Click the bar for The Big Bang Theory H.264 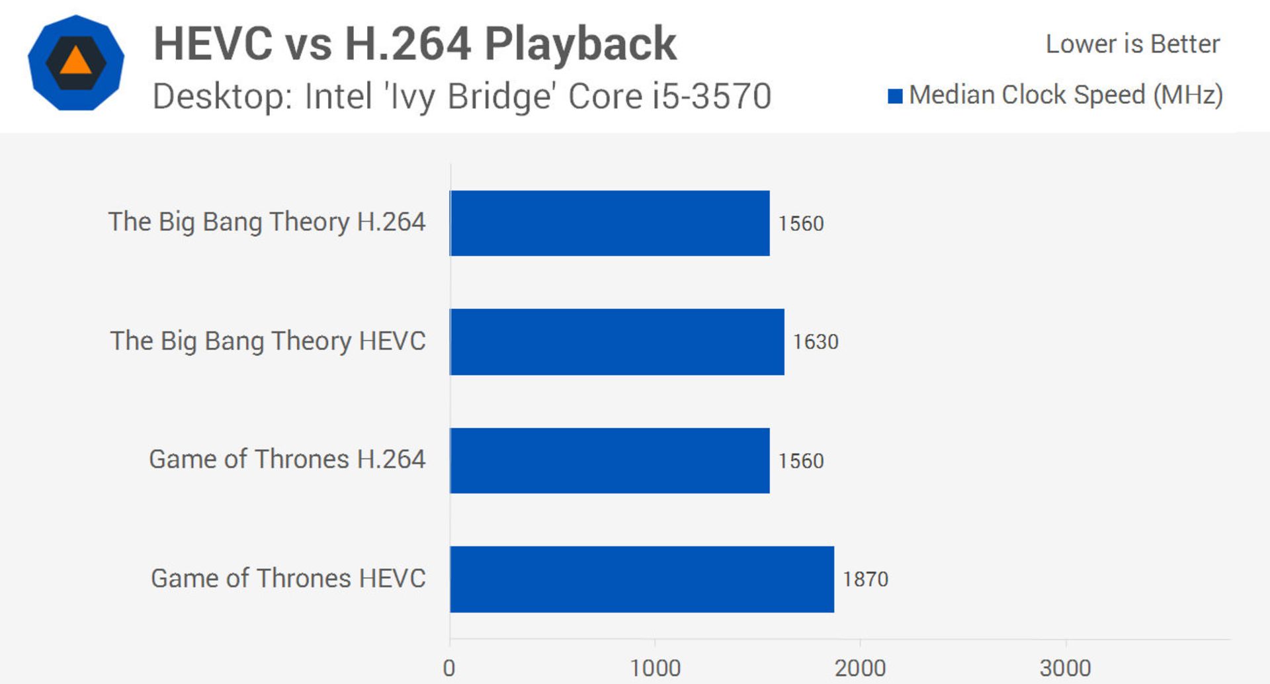[x=609, y=223]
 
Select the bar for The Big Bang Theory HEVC [x=616, y=341]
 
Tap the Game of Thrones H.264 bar [x=609, y=460]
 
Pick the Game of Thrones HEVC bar [x=642, y=579]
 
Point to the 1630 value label [x=816, y=342]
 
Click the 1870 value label [x=865, y=579]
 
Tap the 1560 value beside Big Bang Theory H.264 [x=801, y=224]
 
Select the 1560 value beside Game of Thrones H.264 [x=801, y=461]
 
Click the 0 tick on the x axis [x=449, y=668]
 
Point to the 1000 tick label [x=655, y=668]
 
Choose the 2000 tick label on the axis [x=860, y=668]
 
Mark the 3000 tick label [x=1065, y=668]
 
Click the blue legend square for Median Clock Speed [x=895, y=97]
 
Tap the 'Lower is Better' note [x=1132, y=44]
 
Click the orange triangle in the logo [x=75, y=62]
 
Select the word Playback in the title [x=580, y=44]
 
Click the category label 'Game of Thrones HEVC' [x=288, y=579]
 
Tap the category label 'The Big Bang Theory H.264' [x=267, y=222]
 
